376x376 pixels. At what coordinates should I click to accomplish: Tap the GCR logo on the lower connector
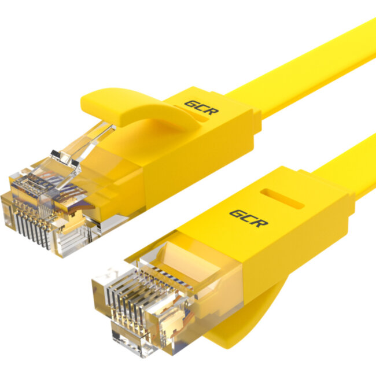pos(248,218)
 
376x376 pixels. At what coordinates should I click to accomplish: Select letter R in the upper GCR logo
pos(212,110)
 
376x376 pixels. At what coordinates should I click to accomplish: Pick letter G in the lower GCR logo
pos(236,214)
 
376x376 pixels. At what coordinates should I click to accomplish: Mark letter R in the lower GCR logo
pos(261,222)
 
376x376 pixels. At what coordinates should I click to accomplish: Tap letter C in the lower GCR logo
pos(248,218)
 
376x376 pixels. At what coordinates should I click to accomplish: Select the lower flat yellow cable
pos(347,168)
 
